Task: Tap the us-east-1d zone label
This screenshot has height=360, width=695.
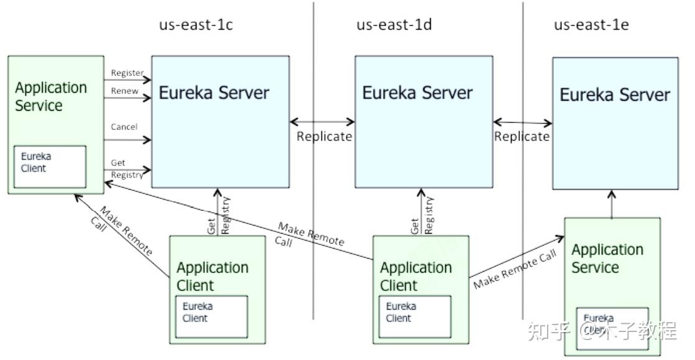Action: click(x=394, y=25)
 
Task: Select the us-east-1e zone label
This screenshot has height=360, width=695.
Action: click(x=592, y=25)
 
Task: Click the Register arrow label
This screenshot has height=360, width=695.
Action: click(x=127, y=73)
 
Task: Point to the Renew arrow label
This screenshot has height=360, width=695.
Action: click(x=124, y=91)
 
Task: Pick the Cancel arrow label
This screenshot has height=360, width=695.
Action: click(x=124, y=127)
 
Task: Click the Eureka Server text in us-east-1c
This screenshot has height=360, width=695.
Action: click(x=214, y=93)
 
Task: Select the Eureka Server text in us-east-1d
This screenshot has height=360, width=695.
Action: click(x=417, y=93)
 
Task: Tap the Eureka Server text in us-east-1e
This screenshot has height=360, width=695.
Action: click(x=615, y=95)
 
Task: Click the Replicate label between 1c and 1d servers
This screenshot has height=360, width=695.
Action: click(x=324, y=136)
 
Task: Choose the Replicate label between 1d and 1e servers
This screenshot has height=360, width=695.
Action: click(x=522, y=136)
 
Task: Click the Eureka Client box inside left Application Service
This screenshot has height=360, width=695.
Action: click(x=50, y=166)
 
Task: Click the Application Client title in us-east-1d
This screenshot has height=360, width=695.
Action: click(x=415, y=277)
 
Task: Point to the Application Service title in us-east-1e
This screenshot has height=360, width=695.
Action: click(x=607, y=259)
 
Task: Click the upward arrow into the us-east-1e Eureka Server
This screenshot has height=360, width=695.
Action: click(x=612, y=204)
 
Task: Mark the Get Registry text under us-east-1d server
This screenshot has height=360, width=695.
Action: click(x=423, y=216)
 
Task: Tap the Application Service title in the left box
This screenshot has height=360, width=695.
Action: click(x=50, y=96)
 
